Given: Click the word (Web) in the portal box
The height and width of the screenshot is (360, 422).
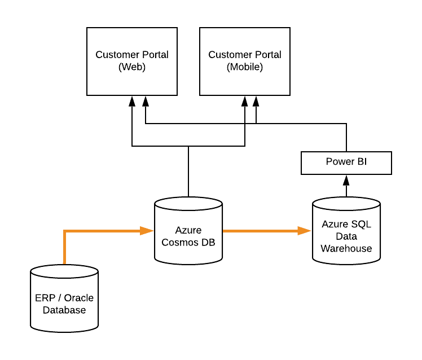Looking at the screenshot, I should [x=131, y=67].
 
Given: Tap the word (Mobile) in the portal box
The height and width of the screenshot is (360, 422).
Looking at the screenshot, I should [x=244, y=67].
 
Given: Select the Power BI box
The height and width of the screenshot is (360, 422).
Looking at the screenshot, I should [x=346, y=163].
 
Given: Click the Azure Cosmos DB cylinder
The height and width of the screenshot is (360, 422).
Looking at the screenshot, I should [x=188, y=231].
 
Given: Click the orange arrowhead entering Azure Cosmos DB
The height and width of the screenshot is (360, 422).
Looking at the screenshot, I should [x=148, y=230].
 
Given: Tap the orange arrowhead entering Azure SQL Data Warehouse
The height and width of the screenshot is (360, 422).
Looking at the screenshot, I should [x=305, y=230].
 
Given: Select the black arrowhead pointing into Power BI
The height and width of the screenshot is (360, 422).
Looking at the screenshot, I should [x=346, y=181].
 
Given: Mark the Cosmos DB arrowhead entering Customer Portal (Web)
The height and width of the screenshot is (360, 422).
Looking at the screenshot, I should [x=132, y=101].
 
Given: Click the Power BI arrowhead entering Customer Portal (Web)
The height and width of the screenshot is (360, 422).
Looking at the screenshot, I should [x=146, y=101].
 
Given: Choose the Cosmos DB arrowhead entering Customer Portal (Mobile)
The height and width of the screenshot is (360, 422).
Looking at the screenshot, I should [x=245, y=101].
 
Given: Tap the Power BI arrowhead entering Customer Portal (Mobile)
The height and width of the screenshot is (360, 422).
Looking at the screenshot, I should [x=256, y=101].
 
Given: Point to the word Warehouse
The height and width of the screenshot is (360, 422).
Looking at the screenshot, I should [x=346, y=248].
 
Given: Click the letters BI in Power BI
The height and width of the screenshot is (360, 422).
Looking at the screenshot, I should [x=361, y=163].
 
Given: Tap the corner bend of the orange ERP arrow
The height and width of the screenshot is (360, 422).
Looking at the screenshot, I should [x=65, y=231].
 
